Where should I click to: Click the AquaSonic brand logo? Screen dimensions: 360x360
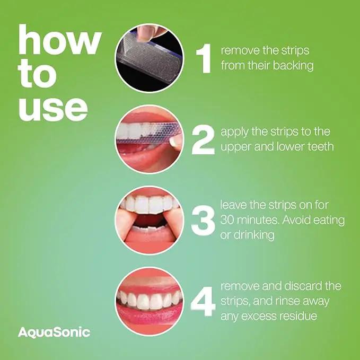[54, 333]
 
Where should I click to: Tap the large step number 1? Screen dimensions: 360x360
[204, 58]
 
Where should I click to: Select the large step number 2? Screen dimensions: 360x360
[203, 140]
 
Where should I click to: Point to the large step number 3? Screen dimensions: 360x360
[203, 221]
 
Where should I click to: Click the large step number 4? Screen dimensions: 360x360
[203, 302]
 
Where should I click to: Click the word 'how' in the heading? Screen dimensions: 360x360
[60, 39]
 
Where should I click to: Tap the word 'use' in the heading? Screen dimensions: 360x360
[53, 110]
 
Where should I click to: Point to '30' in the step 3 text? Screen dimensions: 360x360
[226, 220]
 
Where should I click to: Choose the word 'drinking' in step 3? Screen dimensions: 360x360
[254, 235]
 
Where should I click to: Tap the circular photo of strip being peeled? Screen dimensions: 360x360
[150, 58]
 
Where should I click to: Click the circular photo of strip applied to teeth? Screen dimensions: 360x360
[150, 139]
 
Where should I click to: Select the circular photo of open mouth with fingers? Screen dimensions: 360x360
[150, 221]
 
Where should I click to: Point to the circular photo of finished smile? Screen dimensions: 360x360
[150, 302]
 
